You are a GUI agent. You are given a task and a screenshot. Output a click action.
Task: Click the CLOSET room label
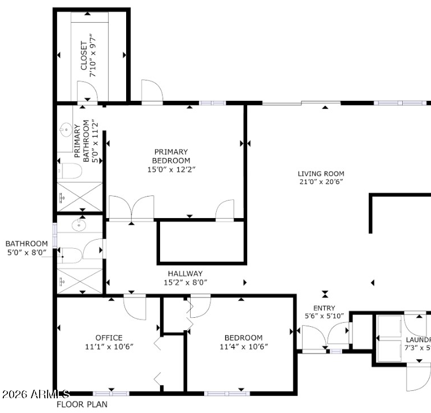pos(84,56)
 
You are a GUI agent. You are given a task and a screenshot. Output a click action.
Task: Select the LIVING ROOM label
pos(321,174)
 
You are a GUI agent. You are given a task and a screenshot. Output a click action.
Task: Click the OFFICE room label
pos(109,338)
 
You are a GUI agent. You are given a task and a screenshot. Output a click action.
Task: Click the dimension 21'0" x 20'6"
pos(321,182)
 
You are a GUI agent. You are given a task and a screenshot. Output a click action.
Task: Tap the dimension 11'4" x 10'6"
pos(243,347)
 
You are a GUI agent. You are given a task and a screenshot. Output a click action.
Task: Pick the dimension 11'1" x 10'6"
pos(109,346)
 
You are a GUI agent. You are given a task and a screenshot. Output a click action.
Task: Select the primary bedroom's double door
pos(131,208)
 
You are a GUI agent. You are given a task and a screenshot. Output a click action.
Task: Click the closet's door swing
pos(87,92)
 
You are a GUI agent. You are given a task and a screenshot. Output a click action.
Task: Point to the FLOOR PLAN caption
pos(81,405)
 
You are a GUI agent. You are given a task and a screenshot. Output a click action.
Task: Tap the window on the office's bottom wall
pos(110,393)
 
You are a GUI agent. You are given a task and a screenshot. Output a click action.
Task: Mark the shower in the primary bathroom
pos(80,197)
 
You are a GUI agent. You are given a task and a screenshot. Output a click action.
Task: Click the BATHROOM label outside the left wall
pos(27,244)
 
